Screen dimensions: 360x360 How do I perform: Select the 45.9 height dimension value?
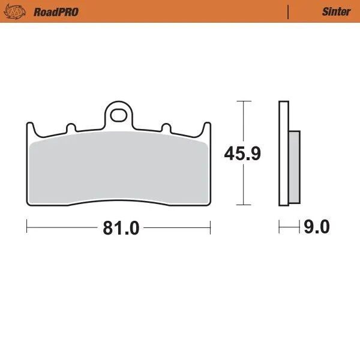pos(242,154)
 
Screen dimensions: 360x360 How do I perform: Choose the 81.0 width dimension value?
pos(121,228)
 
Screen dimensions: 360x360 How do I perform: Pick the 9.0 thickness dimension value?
pos(317,228)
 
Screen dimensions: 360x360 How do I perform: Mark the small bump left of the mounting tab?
pos(70,128)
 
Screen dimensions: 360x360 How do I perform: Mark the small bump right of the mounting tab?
pos(165,128)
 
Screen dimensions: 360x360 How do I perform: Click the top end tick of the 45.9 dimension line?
pos(242,101)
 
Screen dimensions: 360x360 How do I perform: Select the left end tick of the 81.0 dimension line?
pos(28,227)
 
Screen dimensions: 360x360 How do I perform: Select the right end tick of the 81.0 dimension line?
pos(210,227)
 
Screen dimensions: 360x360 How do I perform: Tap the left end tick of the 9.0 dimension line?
pos(280,227)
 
